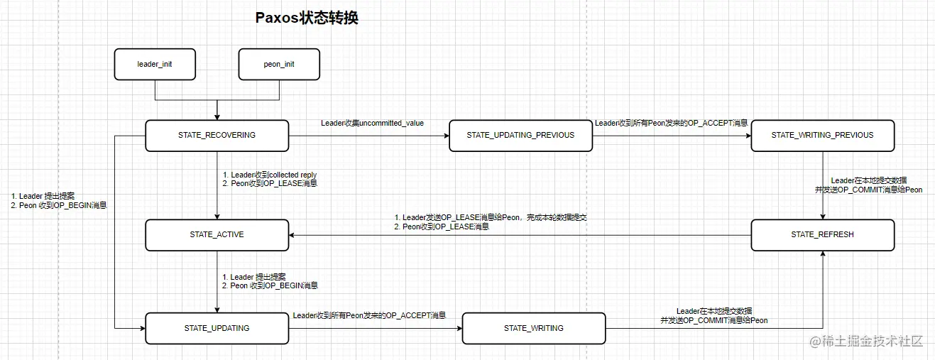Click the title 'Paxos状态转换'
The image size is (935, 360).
click(307, 18)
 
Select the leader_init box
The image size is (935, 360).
click(155, 64)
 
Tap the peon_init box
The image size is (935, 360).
click(279, 64)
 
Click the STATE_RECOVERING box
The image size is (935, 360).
click(217, 135)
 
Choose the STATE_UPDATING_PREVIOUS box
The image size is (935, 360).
click(520, 135)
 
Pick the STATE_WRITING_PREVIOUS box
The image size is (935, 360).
click(822, 135)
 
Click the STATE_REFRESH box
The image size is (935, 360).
click(822, 234)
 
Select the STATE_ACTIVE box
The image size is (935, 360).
click(217, 234)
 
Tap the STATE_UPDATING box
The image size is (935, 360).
click(217, 328)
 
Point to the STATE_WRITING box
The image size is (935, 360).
click(534, 328)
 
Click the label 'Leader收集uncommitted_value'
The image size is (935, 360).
click(372, 124)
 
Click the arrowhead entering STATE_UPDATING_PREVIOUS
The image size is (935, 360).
click(445, 135)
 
